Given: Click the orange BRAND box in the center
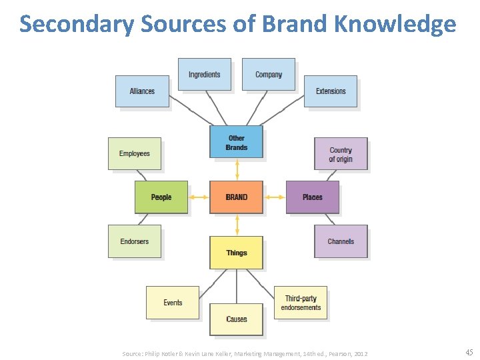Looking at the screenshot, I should coord(236,197).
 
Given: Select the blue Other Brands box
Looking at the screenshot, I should coord(236,142).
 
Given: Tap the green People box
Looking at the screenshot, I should coord(161,197).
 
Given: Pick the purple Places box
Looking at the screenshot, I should coord(312,197).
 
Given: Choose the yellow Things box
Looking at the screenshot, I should coord(236,253).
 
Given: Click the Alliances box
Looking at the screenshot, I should coord(142,91).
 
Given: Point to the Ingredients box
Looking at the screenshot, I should coord(204,75).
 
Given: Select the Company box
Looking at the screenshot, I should coord(268,75).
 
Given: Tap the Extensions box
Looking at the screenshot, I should coord(331,91).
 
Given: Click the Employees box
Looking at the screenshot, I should coord(135,154).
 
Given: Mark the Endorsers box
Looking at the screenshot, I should coord(135,241).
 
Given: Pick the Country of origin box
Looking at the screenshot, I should coord(341,155).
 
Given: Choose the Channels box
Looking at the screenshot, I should coord(341,241).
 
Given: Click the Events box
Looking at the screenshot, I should coord(173,303).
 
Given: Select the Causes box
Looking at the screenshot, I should coord(236,319).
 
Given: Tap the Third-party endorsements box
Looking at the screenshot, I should coord(301,303).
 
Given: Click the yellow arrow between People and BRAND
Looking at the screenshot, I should coord(199,197).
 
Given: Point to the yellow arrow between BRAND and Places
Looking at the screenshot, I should coord(274,197).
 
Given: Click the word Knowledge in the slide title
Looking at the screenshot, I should coord(395,24).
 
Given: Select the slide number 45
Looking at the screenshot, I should coord(469,353).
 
